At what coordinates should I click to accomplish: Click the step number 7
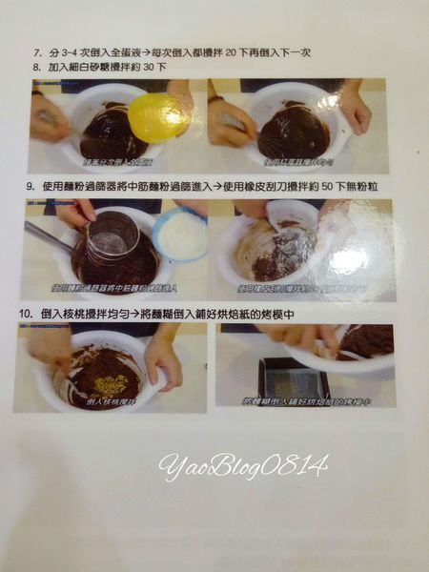tap(36, 52)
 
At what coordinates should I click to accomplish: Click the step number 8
tap(36, 68)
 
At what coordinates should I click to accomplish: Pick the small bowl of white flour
tap(181, 234)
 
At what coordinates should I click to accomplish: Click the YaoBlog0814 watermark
tap(244, 465)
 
